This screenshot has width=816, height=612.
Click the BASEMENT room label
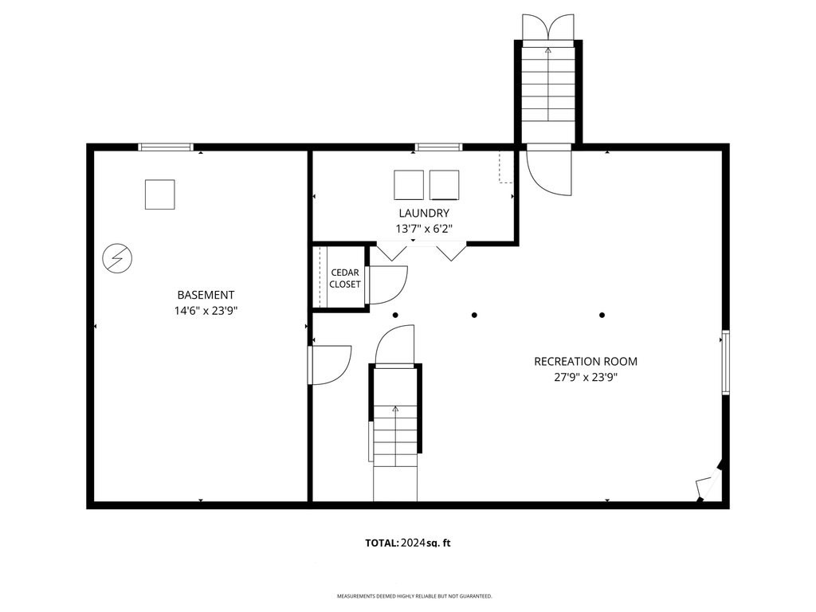[206, 295]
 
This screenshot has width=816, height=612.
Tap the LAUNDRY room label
[424, 213]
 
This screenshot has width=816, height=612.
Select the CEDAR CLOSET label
[344, 278]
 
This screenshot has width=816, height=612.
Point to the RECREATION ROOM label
[586, 361]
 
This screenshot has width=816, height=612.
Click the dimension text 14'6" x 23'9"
[206, 312]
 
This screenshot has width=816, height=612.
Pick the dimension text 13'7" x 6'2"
[424, 229]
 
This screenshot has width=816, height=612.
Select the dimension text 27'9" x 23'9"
[586, 377]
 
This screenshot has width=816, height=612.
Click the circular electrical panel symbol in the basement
[117, 257]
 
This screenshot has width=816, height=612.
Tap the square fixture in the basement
[159, 194]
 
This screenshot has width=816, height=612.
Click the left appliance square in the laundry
[409, 185]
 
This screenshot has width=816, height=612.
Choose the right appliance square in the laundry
[445, 185]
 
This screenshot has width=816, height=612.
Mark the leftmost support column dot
[395, 315]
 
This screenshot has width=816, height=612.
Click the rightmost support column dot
[602, 315]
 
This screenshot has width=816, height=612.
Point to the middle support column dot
[474, 315]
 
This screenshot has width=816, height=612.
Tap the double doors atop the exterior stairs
[548, 26]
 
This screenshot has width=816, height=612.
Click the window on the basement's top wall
[166, 147]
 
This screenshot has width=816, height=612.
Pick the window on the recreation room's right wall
[725, 363]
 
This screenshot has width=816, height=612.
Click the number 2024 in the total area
[413, 543]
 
